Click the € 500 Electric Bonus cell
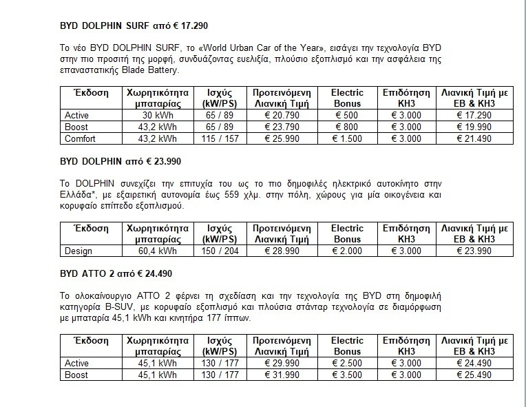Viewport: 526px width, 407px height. pyautogui.click(x=347, y=115)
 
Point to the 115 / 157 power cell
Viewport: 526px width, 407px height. pyautogui.click(x=213, y=138)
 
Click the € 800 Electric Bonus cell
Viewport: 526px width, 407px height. pyautogui.click(x=347, y=127)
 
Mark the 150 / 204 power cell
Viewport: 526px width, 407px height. pyautogui.click(x=213, y=251)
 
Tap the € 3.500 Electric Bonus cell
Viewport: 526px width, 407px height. pyautogui.click(x=347, y=375)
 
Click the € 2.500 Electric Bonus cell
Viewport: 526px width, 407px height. pyautogui.click(x=347, y=363)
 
